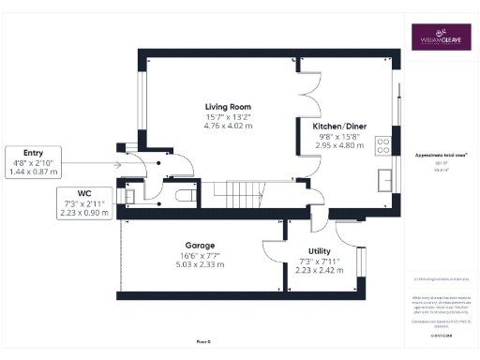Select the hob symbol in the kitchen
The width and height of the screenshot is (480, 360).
click(382, 144)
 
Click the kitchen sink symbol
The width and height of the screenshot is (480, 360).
click(384, 177)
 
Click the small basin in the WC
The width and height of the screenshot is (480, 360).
click(131, 195)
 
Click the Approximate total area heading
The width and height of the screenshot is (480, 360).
click(441, 154)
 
